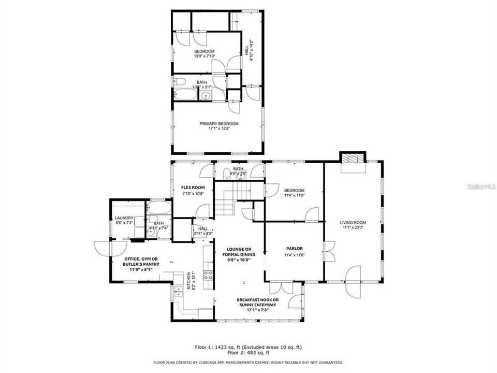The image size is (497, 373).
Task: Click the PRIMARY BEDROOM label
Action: (219, 124)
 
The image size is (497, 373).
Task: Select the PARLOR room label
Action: (294, 249)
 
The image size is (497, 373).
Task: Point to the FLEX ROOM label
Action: (193, 188)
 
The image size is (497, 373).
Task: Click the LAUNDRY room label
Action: (124, 218)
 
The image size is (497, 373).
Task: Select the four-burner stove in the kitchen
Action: (208, 275)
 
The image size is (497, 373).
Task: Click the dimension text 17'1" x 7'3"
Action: (258, 311)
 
